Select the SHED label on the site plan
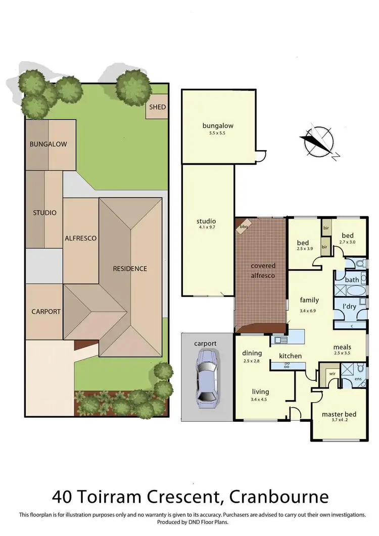157,107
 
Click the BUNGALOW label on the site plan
48,144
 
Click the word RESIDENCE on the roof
130,268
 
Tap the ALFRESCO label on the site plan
80,238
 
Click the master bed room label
339,415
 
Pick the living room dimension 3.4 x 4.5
261,399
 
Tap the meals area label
342,347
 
